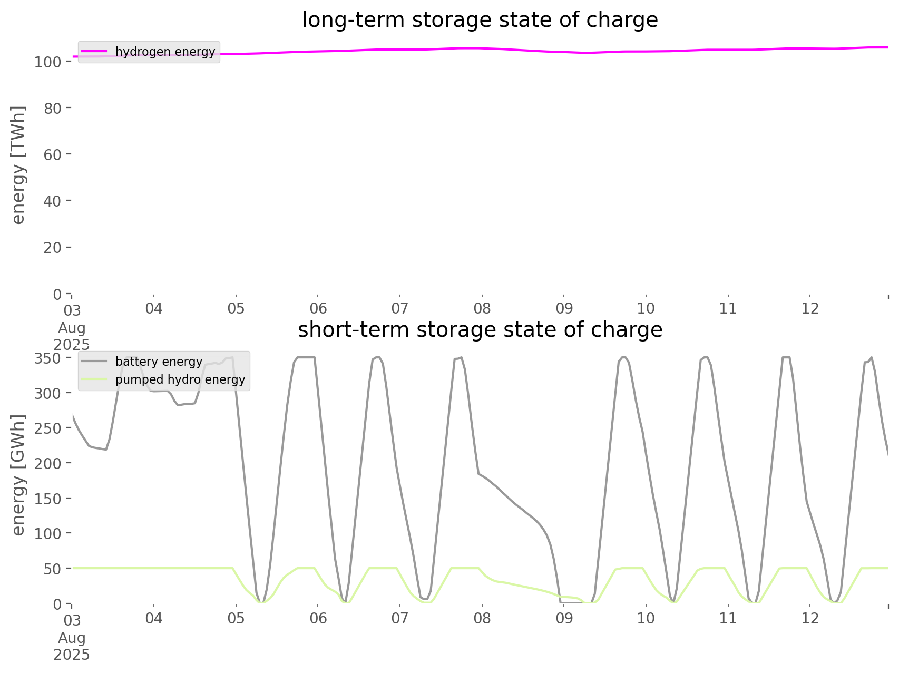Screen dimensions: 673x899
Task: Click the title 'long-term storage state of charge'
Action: click(x=480, y=20)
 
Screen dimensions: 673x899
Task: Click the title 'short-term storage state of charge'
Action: click(x=480, y=330)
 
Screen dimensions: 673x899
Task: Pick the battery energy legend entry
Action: click(x=159, y=362)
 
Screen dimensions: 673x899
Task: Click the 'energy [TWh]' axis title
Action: click(x=18, y=165)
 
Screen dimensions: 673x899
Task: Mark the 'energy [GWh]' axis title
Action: click(x=18, y=475)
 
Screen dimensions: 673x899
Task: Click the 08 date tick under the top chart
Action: click(x=482, y=308)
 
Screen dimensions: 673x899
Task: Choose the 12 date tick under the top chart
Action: click(x=810, y=308)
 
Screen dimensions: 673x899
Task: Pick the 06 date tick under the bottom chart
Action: click(x=318, y=618)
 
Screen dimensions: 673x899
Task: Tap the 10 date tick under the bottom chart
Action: click(x=646, y=618)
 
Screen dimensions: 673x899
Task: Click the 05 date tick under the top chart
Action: click(x=236, y=308)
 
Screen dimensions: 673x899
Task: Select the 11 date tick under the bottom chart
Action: click(x=728, y=618)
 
